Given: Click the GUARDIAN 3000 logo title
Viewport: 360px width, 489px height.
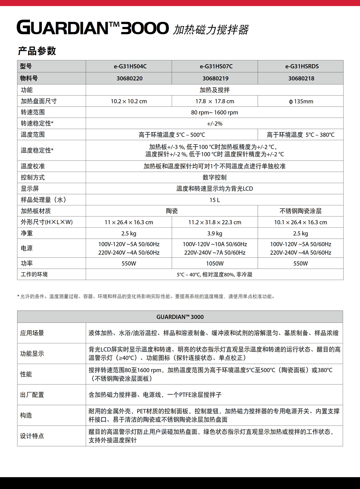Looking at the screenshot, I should point(93,28).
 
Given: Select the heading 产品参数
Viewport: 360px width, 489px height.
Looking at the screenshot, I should point(37,51).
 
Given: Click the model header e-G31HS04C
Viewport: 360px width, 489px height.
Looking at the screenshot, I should point(130,66).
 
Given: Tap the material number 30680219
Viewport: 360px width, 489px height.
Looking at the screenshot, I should point(215,78).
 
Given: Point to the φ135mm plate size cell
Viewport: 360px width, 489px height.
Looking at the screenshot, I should point(301,101).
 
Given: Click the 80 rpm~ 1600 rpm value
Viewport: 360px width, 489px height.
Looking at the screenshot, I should point(215,112).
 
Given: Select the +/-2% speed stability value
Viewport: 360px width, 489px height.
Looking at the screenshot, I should point(215,124).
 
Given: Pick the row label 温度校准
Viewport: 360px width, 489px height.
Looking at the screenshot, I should point(33,166).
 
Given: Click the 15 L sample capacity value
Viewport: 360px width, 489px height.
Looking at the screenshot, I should point(215,200).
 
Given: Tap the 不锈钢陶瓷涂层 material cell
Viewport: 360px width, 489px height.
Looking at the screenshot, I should point(301,211).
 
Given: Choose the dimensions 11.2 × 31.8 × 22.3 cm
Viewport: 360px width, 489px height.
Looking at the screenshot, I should point(215,222).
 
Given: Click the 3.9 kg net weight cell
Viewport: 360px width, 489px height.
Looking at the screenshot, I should point(215,234).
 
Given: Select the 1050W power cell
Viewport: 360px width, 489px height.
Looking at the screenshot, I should point(215,263).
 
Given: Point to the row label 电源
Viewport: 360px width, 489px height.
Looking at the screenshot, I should point(27,248).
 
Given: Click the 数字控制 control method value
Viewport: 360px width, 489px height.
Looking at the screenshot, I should point(215,177).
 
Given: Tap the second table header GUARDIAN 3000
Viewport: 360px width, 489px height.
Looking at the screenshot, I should point(180,317).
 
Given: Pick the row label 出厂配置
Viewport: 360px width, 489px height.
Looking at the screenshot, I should point(32,395).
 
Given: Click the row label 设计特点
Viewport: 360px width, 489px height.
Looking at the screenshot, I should point(32,436).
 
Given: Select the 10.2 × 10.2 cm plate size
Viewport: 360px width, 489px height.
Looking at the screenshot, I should point(129,101).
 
